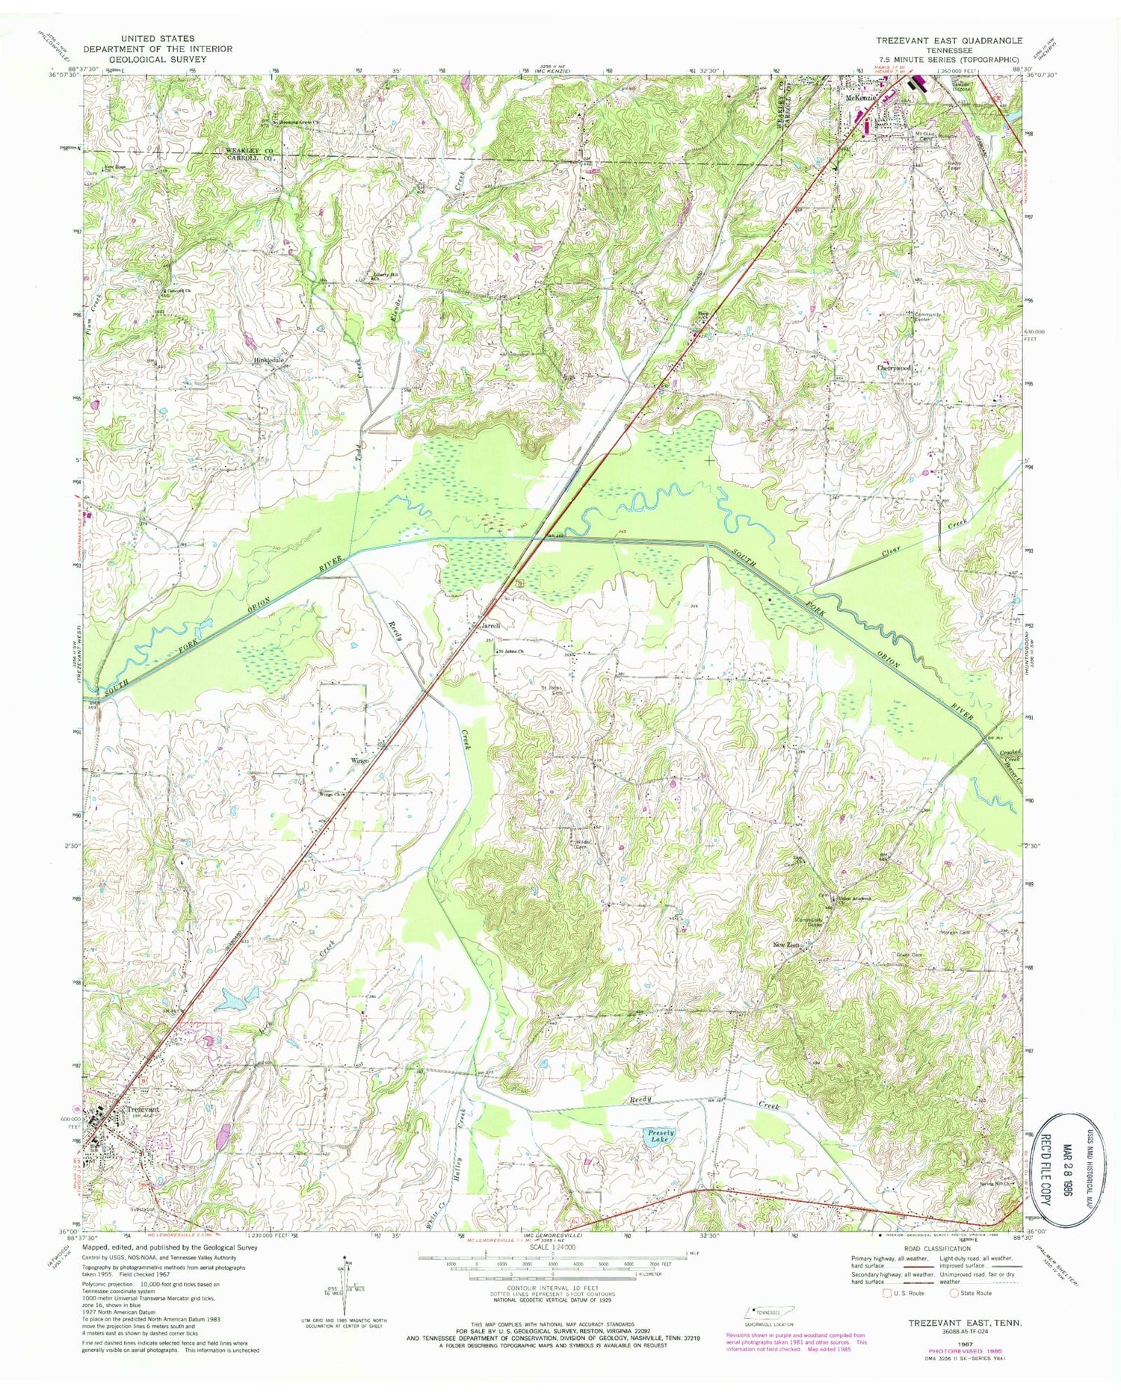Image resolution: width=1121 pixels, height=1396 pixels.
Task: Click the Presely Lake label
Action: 658,1136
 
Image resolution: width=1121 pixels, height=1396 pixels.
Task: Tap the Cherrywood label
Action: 895,368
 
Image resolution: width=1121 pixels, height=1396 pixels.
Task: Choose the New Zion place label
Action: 787,946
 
